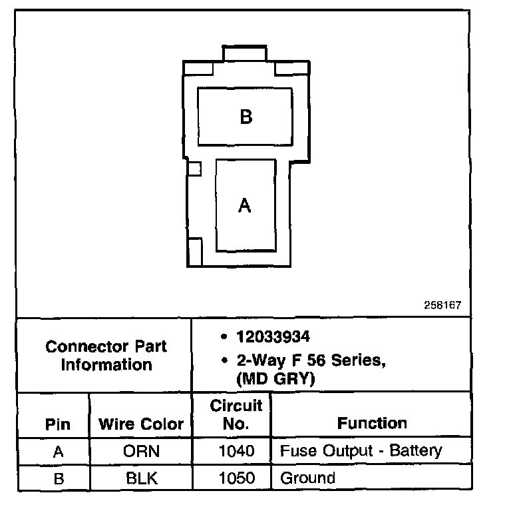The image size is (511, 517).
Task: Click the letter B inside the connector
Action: (x=246, y=117)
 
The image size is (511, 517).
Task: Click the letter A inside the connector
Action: (x=245, y=206)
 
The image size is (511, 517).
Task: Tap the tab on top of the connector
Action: (x=244, y=53)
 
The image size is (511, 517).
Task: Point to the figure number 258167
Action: (x=442, y=306)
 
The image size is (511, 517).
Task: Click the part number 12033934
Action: (x=273, y=337)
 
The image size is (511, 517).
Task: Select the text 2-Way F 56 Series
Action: (x=311, y=362)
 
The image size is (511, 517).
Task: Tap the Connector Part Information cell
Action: (x=106, y=355)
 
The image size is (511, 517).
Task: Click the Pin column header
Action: (x=58, y=424)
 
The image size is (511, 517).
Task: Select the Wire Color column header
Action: (x=141, y=424)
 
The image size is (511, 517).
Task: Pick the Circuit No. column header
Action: (x=236, y=414)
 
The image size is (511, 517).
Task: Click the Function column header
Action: (x=372, y=423)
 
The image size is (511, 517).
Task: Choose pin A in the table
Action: (x=58, y=452)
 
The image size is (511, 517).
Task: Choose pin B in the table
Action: (x=58, y=478)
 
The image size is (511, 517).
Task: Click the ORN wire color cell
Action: (x=142, y=452)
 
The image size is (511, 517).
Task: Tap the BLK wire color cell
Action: (x=142, y=478)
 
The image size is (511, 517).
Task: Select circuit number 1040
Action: (x=236, y=452)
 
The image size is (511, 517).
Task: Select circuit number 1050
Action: (x=236, y=478)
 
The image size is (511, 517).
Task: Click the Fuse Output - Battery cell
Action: (x=361, y=451)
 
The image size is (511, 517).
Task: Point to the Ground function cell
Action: (x=307, y=478)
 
